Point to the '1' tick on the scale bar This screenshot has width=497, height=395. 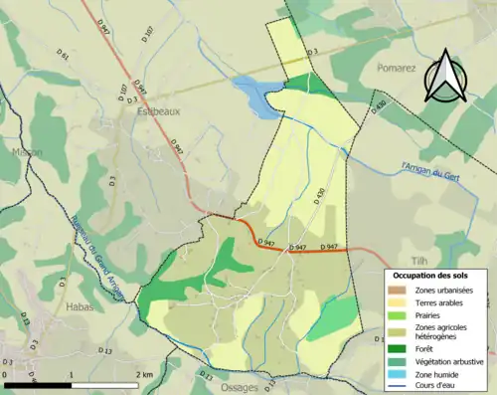point(72,374)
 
